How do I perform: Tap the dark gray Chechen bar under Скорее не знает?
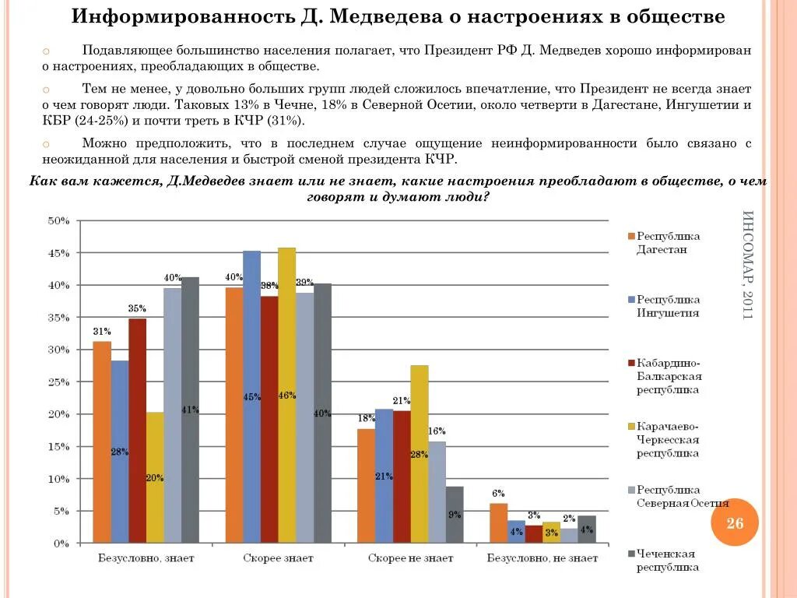click(455, 515)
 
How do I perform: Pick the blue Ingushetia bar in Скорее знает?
click(251, 396)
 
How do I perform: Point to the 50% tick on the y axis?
click(58, 221)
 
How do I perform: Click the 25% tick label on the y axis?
click(58, 382)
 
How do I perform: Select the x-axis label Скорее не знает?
click(410, 558)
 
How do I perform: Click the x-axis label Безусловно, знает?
click(146, 558)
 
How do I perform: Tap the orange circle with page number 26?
click(735, 522)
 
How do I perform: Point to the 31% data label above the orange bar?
click(102, 331)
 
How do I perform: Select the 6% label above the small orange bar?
click(498, 493)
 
